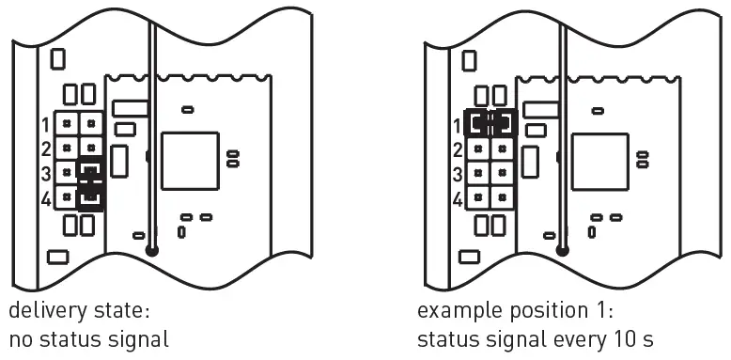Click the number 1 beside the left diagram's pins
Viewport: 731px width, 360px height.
click(44, 124)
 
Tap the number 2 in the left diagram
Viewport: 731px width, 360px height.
click(44, 149)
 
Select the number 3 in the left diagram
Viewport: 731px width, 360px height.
click(44, 173)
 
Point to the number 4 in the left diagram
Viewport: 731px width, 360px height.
click(44, 198)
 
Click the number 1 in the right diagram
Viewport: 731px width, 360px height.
click(458, 124)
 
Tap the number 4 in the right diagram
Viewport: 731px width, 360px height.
click(458, 198)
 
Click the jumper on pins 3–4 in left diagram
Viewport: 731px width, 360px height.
click(90, 185)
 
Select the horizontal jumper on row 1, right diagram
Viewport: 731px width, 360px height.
click(491, 123)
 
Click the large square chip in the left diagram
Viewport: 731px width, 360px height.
click(188, 161)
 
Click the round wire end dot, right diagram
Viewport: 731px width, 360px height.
click(564, 251)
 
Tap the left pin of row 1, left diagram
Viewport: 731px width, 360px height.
click(67, 123)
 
